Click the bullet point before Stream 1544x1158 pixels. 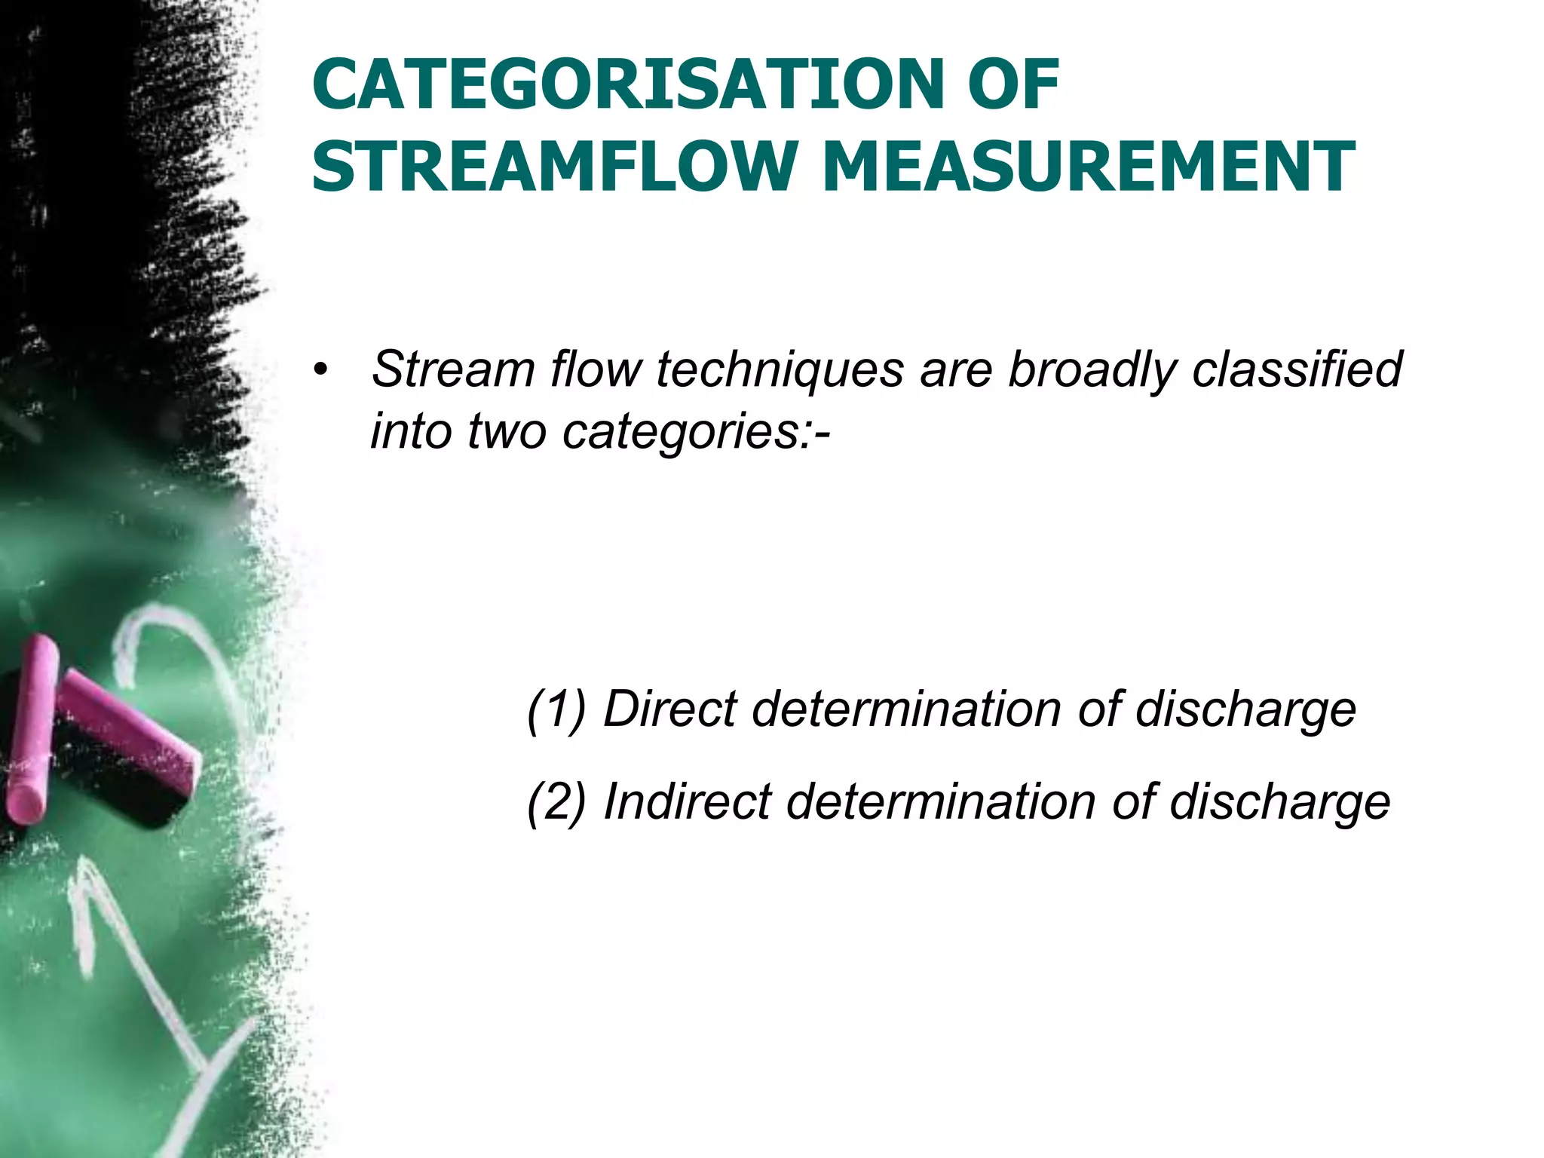[322, 371]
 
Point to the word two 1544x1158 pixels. [506, 433]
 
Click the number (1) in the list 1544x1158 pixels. [556, 710]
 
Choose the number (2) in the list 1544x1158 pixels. [556, 801]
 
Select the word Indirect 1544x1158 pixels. [687, 801]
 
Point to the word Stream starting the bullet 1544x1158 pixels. [452, 371]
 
